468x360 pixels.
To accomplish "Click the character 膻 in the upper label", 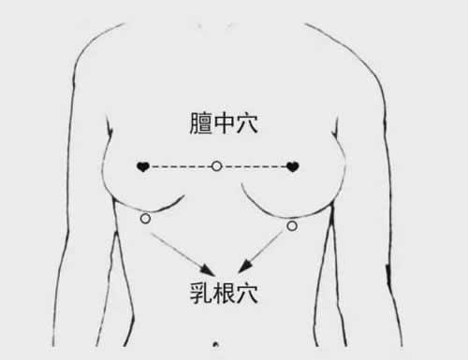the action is point(201,123).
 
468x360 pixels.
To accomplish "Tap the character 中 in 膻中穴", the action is point(224,123).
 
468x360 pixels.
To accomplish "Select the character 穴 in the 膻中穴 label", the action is point(247,123).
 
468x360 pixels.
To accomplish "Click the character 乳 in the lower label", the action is point(201,293).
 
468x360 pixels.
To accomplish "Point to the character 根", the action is point(224,293).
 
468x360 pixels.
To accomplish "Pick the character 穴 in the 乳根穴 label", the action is point(247,293).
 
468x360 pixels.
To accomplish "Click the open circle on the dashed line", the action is point(216,166).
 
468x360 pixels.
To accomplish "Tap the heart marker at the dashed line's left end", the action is point(143,166).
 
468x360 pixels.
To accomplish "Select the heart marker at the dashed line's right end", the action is point(293,166).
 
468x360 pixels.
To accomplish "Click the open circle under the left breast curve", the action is point(145,219).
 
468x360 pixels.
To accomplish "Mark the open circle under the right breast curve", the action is point(292,225).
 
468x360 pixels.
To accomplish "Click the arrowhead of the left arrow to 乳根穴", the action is point(208,270).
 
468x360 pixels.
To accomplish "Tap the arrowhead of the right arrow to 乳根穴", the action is point(245,266).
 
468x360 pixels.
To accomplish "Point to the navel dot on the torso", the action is point(215,344).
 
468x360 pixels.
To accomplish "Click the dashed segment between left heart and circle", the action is point(181,167).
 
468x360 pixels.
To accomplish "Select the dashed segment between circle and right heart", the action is point(255,167).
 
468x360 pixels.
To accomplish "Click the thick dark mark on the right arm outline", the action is point(388,274).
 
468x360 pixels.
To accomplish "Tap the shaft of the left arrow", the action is point(178,250).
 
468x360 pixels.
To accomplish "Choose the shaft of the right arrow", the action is point(266,247).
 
